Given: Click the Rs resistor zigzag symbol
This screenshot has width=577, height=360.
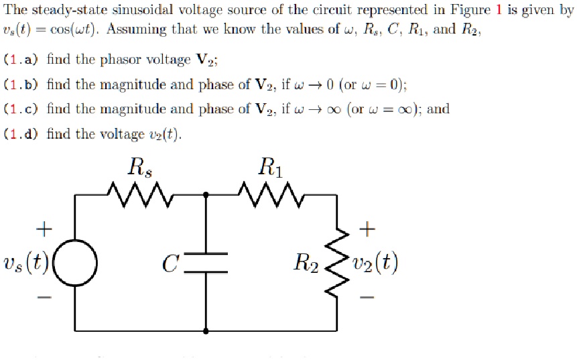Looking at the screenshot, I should pyautogui.click(x=140, y=196).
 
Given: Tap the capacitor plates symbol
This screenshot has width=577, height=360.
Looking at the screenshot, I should pyautogui.click(x=205, y=262).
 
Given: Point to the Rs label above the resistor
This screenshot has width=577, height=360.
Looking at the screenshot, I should pyautogui.click(x=140, y=166).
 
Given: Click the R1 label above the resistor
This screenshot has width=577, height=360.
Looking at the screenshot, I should pyautogui.click(x=271, y=166).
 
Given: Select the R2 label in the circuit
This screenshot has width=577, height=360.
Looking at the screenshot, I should pyautogui.click(x=306, y=262).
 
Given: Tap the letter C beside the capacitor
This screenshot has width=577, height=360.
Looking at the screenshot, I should pyautogui.click(x=170, y=262).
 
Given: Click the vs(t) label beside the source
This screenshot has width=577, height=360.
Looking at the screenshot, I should pyautogui.click(x=27, y=262).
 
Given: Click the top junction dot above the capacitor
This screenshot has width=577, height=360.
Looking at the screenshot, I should pyautogui.click(x=205, y=196).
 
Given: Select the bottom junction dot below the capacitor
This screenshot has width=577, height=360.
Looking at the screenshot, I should pyautogui.click(x=205, y=331).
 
